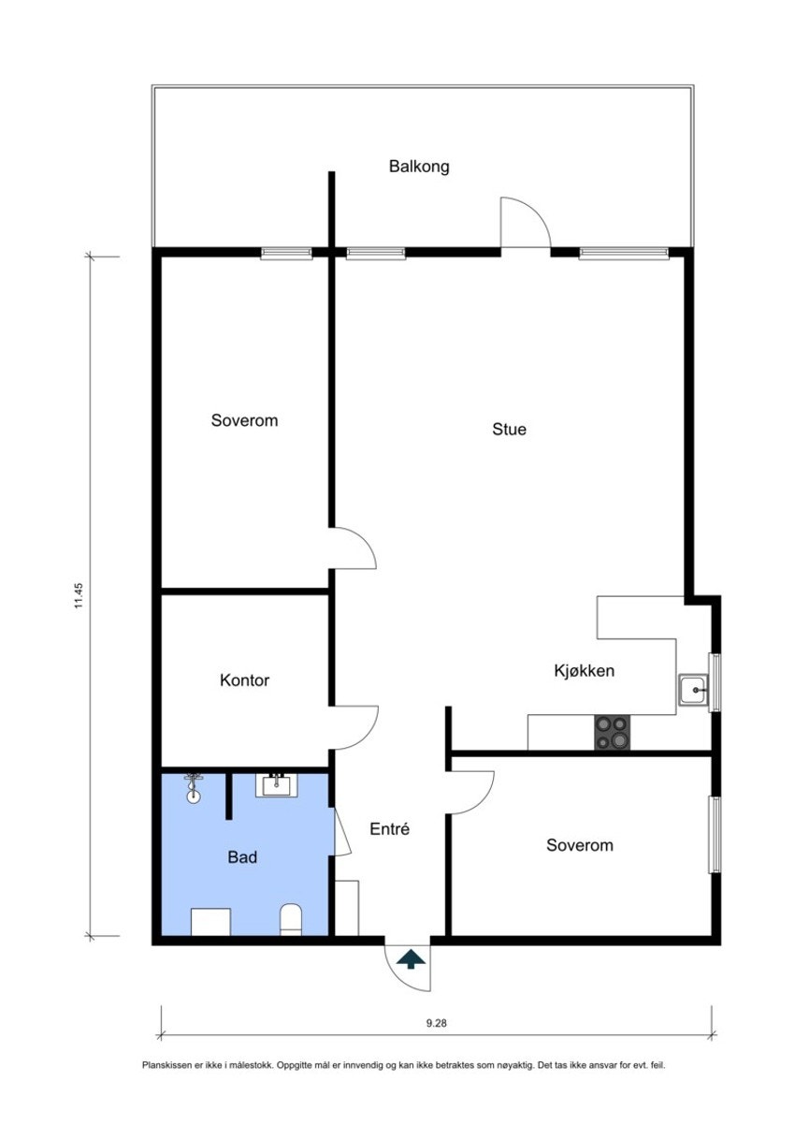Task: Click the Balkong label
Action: (x=419, y=167)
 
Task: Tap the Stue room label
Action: (x=509, y=430)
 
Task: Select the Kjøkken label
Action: (x=584, y=670)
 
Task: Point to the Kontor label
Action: (x=244, y=680)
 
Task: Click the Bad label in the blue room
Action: (x=242, y=856)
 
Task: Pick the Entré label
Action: (x=390, y=828)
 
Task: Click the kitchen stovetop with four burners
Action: (x=613, y=732)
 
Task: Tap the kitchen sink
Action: (x=693, y=692)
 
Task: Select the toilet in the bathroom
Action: (x=291, y=920)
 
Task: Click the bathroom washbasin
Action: (x=277, y=785)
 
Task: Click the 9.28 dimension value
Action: (x=436, y=1023)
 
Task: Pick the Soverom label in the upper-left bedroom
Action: (x=244, y=420)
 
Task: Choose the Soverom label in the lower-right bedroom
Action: (x=580, y=845)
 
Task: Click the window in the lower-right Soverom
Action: (x=715, y=834)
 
